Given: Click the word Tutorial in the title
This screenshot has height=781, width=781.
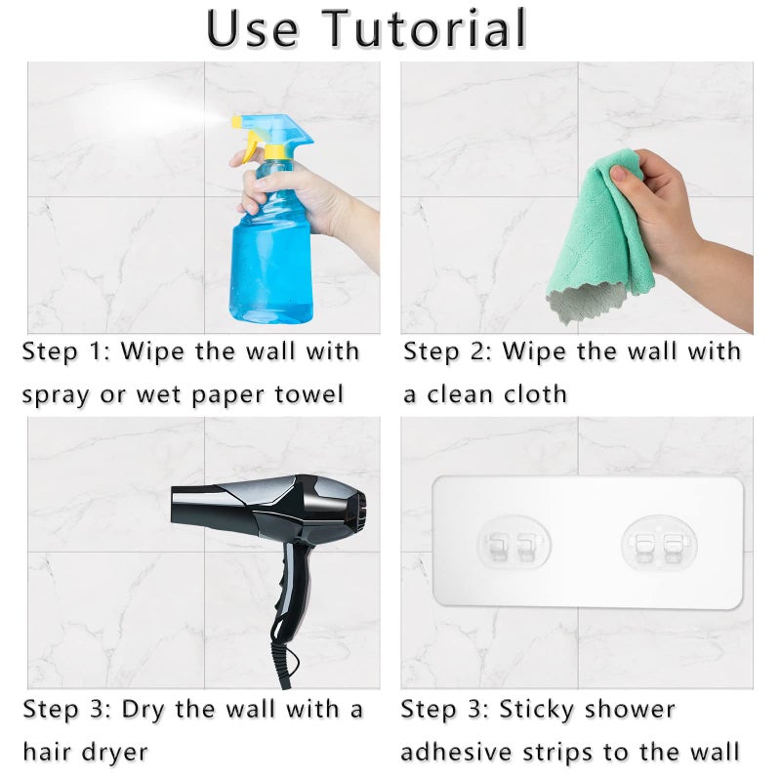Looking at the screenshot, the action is [424, 28].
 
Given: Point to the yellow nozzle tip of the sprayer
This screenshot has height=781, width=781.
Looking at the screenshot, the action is [236, 120].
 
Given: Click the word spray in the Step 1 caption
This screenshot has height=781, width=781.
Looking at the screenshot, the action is [57, 396].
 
